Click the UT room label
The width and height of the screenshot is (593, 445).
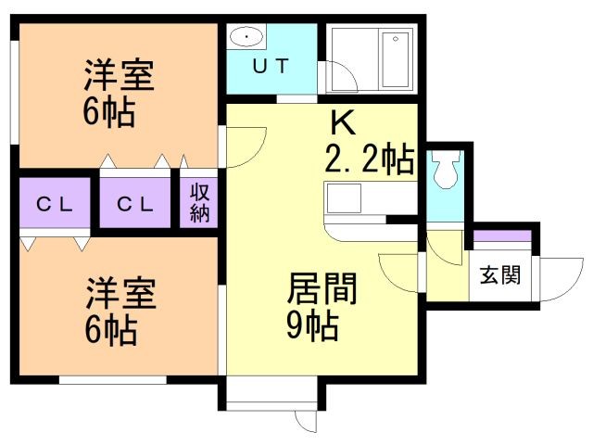[x=271, y=66]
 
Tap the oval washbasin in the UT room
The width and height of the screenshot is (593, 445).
[x=248, y=37]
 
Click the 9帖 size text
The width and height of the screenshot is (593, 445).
[x=312, y=326]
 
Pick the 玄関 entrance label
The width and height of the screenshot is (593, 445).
[x=500, y=275]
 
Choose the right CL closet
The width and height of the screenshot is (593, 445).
[x=134, y=204]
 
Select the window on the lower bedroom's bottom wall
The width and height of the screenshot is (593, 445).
[x=112, y=378]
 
